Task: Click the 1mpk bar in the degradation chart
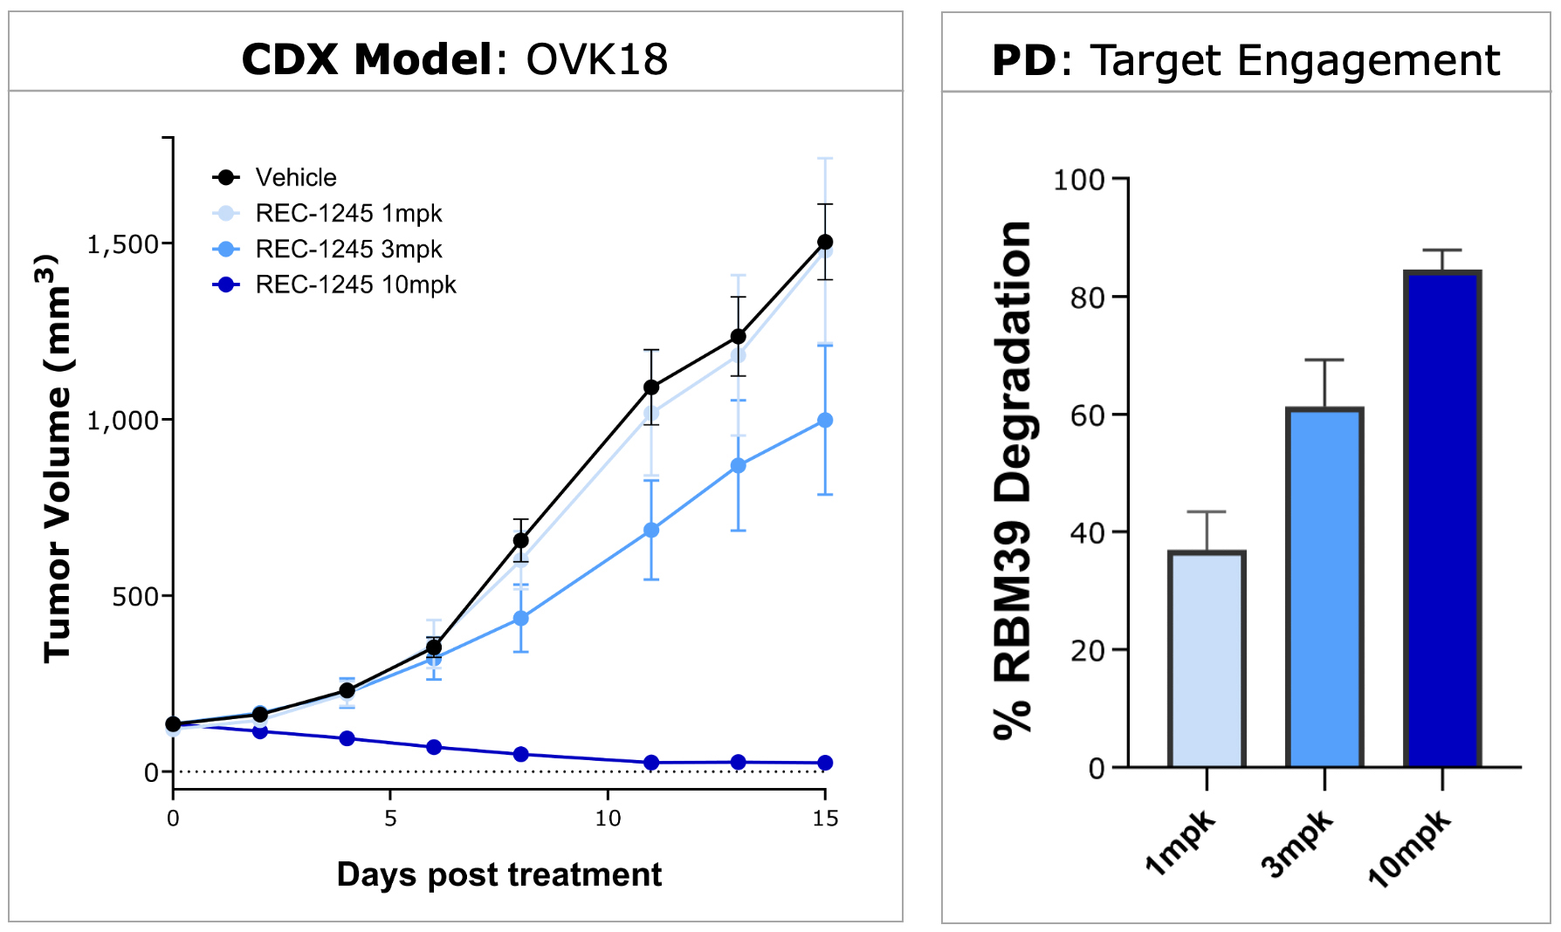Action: (x=1207, y=660)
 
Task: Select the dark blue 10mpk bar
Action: (x=1442, y=520)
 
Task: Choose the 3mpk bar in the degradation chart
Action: (x=1324, y=588)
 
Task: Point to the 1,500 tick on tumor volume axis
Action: (x=123, y=244)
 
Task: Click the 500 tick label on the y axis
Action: (x=135, y=597)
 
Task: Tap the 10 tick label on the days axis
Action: (x=608, y=819)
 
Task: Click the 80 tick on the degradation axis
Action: (x=1088, y=298)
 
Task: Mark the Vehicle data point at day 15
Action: (x=825, y=242)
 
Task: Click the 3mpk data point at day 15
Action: (x=825, y=421)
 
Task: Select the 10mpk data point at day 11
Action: (x=651, y=763)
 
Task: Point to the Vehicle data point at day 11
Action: (x=651, y=387)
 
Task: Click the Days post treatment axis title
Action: (x=499, y=874)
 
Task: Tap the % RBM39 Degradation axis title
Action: (x=1013, y=480)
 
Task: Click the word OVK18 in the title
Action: (x=597, y=60)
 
